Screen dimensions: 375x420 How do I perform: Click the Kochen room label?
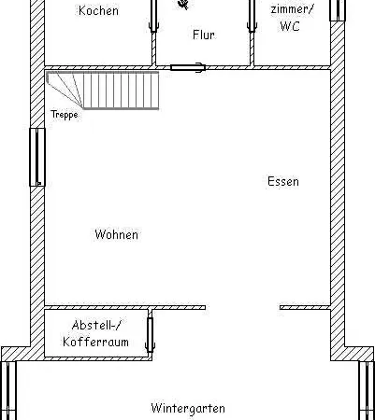[x=98, y=11]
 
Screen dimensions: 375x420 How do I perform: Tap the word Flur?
[x=204, y=35]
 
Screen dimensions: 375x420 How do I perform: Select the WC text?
[x=290, y=26]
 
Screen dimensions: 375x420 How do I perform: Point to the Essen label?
[x=283, y=181]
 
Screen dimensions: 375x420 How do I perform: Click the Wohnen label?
[x=116, y=234]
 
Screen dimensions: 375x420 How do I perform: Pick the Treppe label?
[x=65, y=115]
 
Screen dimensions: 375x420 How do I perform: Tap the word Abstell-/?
[x=96, y=326]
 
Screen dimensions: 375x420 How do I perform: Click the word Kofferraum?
[x=95, y=342]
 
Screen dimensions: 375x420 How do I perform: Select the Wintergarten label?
[x=188, y=408]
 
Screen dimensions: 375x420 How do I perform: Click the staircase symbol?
[x=103, y=91]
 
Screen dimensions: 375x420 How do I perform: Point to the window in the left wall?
[x=37, y=157]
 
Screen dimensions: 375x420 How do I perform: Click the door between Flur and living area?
[x=188, y=67]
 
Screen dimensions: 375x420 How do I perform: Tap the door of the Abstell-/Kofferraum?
[x=150, y=335]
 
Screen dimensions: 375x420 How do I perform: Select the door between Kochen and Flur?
[x=153, y=16]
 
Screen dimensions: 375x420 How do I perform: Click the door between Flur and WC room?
[x=252, y=16]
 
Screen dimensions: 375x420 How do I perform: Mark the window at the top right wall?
[x=338, y=10]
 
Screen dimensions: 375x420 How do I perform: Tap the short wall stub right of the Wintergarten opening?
[x=305, y=307]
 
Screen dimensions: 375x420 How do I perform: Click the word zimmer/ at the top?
[x=292, y=9]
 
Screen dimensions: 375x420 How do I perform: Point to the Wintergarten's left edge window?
[x=8, y=390]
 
